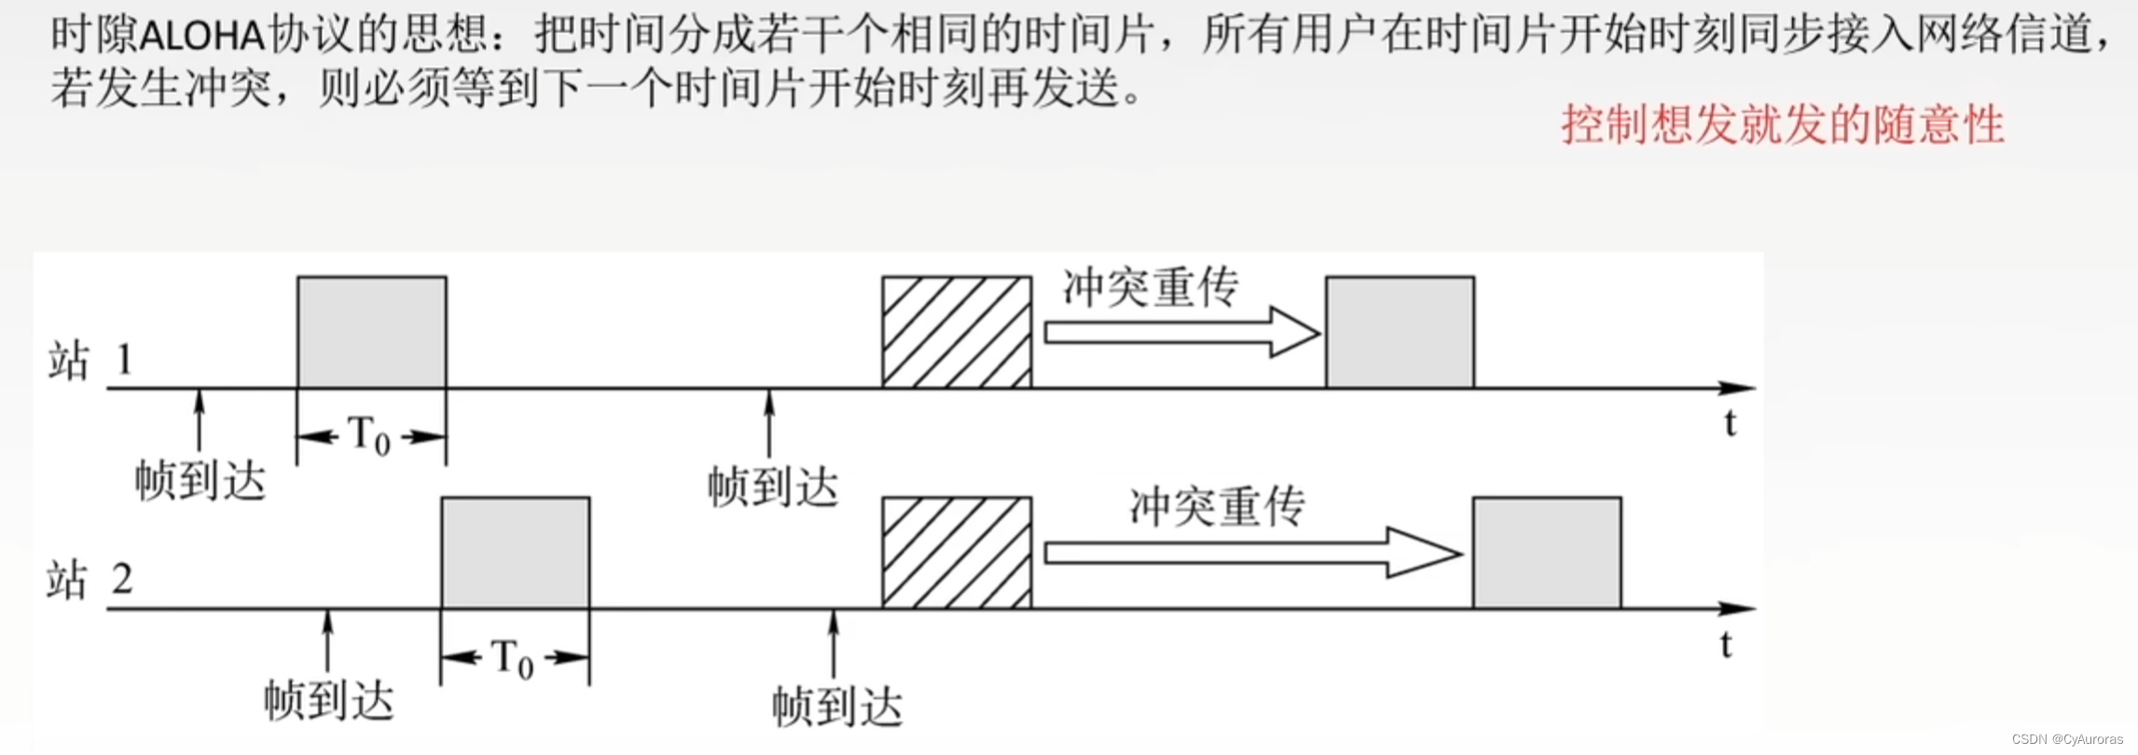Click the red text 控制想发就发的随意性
point(1782,125)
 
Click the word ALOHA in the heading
point(202,36)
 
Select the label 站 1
point(90,360)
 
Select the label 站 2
point(90,580)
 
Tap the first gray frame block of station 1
point(371,332)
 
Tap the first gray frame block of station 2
point(516,553)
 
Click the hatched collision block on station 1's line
point(957,332)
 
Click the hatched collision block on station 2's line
point(957,553)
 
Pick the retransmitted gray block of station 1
point(1400,332)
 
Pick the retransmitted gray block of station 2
point(1547,553)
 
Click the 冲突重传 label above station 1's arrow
point(1151,287)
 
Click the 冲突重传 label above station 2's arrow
point(1217,507)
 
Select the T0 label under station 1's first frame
point(369,436)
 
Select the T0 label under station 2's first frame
point(513,658)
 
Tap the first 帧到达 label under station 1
point(200,481)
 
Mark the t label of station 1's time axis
point(1731,423)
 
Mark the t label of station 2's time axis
point(1727,644)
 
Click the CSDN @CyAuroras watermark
point(2066,739)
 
